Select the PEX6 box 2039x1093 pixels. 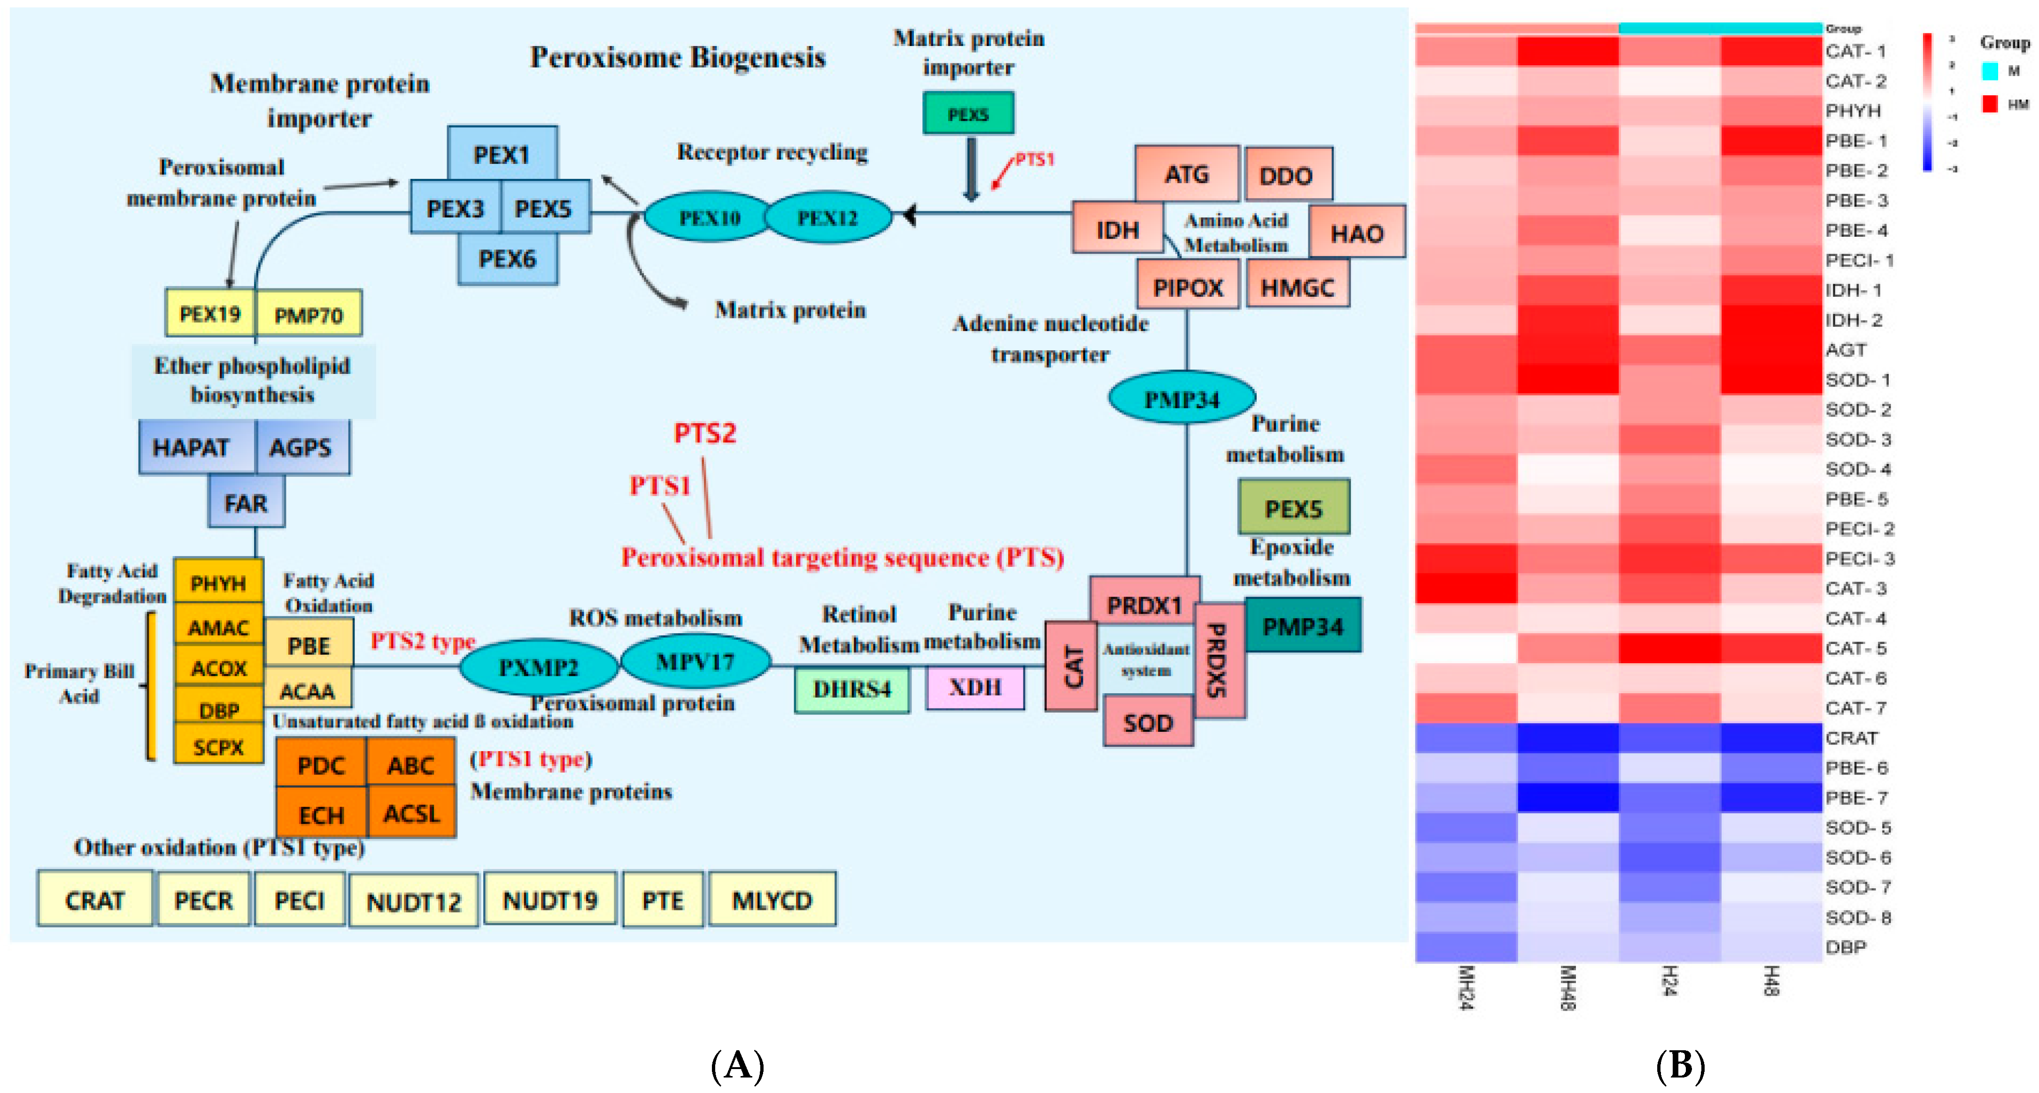(507, 259)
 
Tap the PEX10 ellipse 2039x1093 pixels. (709, 217)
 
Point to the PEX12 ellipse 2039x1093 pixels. (827, 217)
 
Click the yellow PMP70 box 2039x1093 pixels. (309, 315)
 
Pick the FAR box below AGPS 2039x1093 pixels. (246, 503)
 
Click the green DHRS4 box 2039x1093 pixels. (852, 689)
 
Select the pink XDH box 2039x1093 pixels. (975, 687)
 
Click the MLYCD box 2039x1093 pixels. (772, 900)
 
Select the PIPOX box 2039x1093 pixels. (1187, 287)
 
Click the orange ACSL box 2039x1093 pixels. (411, 813)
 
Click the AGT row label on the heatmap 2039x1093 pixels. (1846, 350)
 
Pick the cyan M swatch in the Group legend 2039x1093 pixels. (1989, 71)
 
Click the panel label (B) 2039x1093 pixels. (1680, 1065)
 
